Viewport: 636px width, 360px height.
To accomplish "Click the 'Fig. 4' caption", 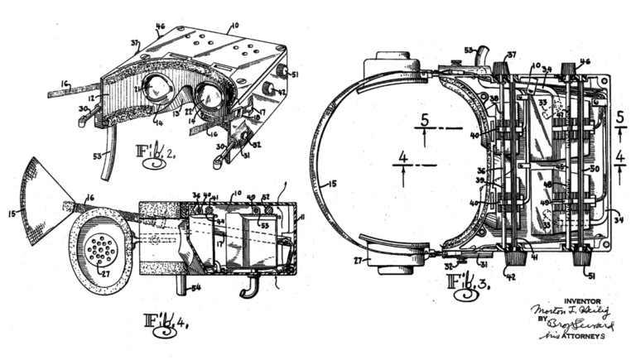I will [x=166, y=319].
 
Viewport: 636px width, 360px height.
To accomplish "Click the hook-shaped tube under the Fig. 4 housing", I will [x=244, y=290].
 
